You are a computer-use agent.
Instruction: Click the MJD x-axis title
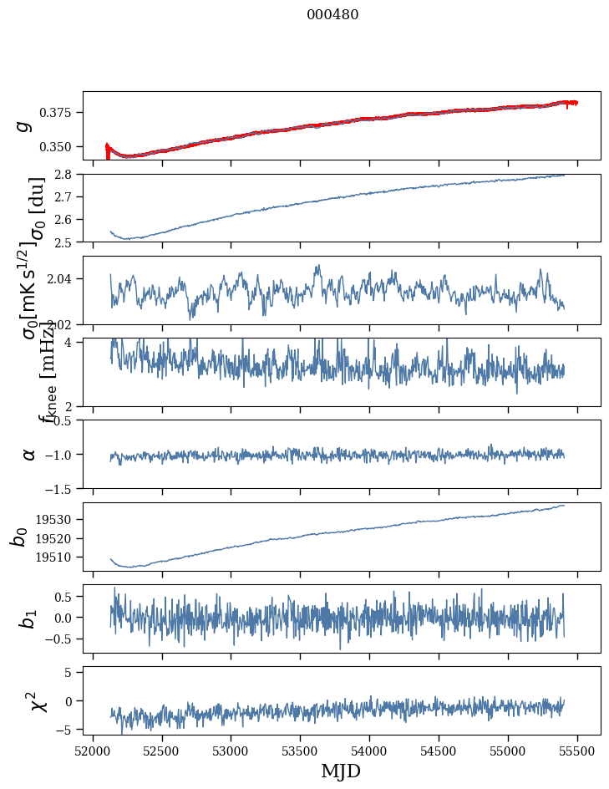(341, 771)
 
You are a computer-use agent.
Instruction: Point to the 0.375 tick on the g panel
(60, 113)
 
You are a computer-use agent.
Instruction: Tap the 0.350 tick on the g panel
(60, 147)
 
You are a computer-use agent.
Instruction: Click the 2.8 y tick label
(66, 175)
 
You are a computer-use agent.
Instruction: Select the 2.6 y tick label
(66, 220)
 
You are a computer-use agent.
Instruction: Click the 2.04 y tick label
(62, 278)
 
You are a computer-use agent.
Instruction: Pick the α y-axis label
(29, 454)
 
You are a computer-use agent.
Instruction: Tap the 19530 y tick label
(57, 520)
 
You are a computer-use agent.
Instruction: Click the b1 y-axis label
(29, 618)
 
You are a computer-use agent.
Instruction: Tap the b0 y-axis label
(18, 537)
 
